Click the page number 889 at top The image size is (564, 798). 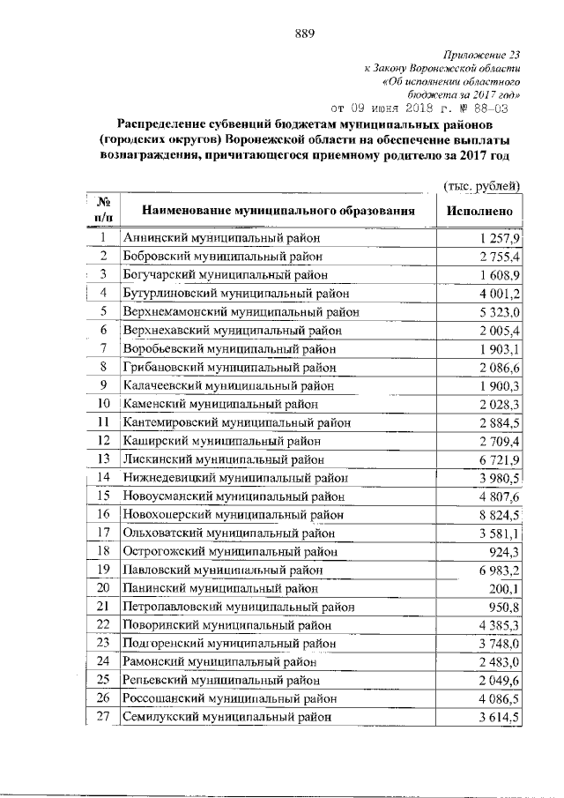pos(304,34)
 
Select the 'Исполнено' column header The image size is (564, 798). pos(479,212)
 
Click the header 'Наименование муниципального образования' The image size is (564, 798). pos(278,212)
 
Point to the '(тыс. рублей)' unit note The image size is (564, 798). pos(481,184)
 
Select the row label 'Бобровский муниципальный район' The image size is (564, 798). pos(225,257)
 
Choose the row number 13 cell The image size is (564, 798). pos(103,459)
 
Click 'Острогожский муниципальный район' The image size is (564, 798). pos(230,551)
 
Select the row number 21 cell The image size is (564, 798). pos(103,607)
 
